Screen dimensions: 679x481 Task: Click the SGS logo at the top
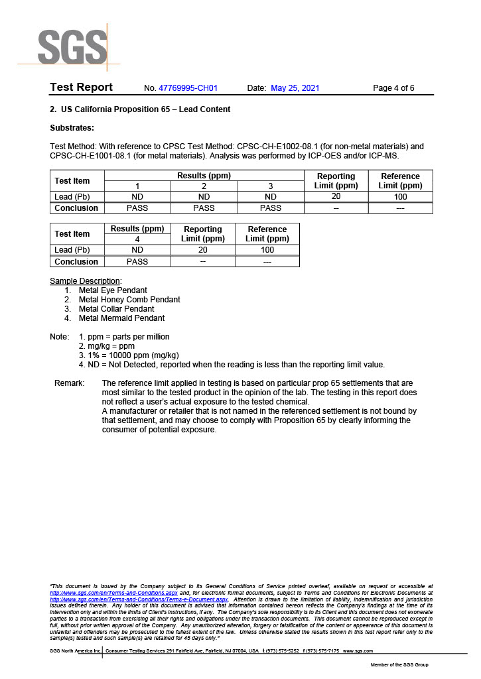72,46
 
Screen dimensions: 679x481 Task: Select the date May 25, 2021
295,88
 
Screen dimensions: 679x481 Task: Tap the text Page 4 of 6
393,88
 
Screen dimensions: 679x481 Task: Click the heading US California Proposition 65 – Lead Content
145,109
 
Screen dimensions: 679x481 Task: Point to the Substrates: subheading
72,127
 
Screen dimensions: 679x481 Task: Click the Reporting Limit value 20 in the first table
336,196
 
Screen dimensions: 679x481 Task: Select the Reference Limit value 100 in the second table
267,250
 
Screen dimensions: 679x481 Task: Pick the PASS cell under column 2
204,208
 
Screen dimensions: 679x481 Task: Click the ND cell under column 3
270,196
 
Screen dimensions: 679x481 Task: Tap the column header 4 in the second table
137,239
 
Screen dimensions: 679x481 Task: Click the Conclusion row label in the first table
76,208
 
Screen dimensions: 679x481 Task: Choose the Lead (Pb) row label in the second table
72,250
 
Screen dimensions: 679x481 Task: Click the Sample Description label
86,280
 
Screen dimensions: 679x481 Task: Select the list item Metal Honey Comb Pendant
129,299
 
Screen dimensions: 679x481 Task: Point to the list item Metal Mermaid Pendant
121,318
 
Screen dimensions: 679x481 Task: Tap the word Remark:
69,383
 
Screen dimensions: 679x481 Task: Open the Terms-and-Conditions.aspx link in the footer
113,592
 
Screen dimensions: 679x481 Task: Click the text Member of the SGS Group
399,664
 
